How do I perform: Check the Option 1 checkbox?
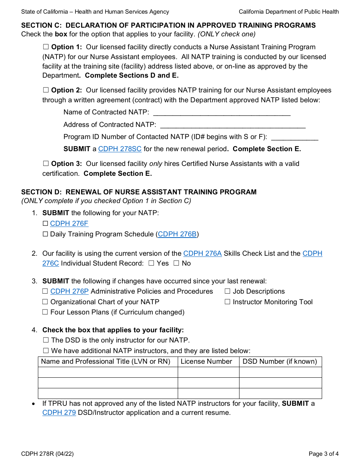pyautogui.click(x=46, y=47)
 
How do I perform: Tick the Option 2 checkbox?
pyautogui.click(x=46, y=91)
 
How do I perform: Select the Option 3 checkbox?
pyautogui.click(x=46, y=164)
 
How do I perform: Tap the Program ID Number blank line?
pyautogui.click(x=294, y=137)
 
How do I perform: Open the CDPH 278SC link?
pyautogui.click(x=120, y=149)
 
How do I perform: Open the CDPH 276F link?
pyautogui.click(x=69, y=224)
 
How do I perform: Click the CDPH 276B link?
pyautogui.click(x=177, y=235)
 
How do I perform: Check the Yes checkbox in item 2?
pyautogui.click(x=151, y=263)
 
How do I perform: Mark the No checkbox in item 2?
pyautogui.click(x=176, y=263)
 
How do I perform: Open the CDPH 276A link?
pyautogui.click(x=202, y=254)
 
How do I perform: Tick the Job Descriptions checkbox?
pyautogui.click(x=228, y=292)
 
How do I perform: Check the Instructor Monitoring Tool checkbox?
pyautogui.click(x=228, y=302)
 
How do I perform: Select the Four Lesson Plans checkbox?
pyautogui.click(x=45, y=313)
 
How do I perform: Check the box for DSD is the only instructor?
pyautogui.click(x=46, y=341)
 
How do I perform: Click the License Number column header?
pyautogui.click(x=206, y=362)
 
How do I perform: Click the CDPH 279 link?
pyautogui.click(x=59, y=413)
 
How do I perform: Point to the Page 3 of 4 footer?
pyautogui.click(x=323, y=454)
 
